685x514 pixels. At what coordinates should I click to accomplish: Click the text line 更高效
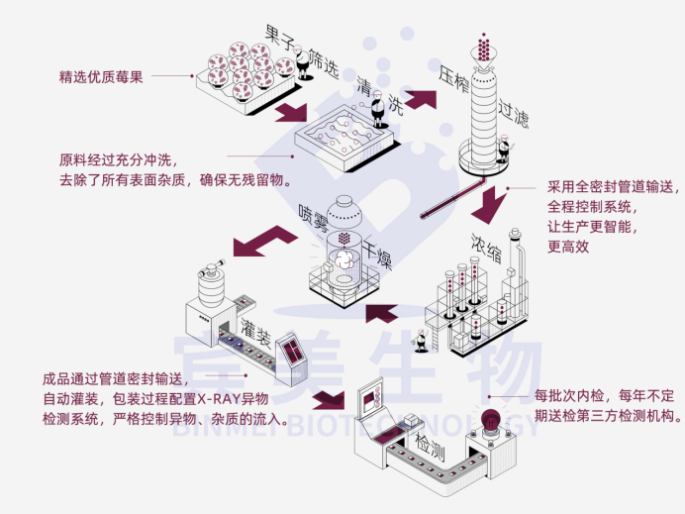tap(568, 247)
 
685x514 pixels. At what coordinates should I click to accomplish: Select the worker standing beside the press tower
tap(504, 151)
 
